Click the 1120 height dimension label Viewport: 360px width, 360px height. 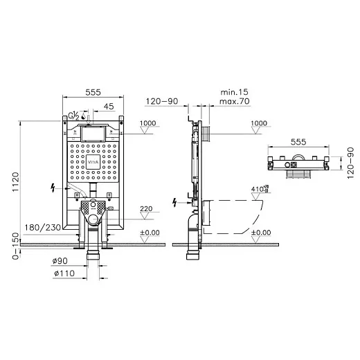point(15,182)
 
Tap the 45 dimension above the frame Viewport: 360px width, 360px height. point(109,106)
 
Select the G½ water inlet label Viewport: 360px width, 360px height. point(73,116)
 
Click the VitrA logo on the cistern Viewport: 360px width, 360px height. point(93,162)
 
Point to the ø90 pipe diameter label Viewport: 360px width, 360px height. point(60,261)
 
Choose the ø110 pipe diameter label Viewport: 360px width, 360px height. point(64,273)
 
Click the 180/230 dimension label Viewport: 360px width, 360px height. point(43,228)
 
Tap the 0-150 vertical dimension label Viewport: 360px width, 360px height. point(15,246)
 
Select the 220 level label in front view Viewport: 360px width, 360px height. point(146,208)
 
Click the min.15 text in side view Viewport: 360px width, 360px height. point(234,92)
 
